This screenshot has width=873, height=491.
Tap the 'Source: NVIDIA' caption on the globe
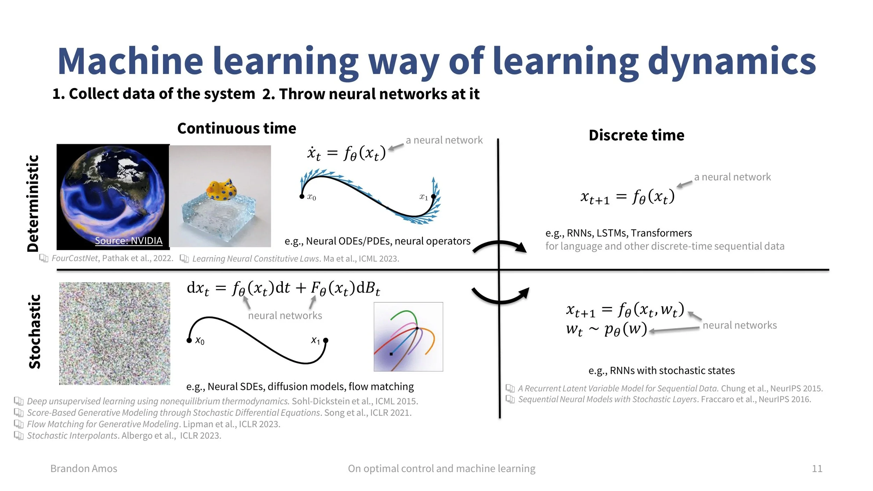[x=129, y=241]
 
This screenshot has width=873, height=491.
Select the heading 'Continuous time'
[x=237, y=128]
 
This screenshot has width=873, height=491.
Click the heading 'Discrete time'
[x=636, y=135]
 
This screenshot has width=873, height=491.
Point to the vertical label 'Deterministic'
[x=33, y=203]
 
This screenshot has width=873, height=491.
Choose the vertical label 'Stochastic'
[x=35, y=332]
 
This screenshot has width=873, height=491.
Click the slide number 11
[x=817, y=468]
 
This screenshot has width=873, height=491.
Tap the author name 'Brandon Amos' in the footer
[x=84, y=468]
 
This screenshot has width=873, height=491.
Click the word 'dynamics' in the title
[x=732, y=62]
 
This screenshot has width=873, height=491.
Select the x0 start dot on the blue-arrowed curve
[x=302, y=197]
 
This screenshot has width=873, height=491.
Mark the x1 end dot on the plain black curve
[x=326, y=340]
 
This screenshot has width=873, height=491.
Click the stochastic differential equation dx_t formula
[x=284, y=289]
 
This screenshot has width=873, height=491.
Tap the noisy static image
[x=115, y=334]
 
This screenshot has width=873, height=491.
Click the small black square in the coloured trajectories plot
[x=391, y=354]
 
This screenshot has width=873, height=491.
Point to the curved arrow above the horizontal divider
[x=499, y=241]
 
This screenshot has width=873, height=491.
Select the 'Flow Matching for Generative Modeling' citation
[x=154, y=424]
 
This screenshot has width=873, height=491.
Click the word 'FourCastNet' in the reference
[x=75, y=258]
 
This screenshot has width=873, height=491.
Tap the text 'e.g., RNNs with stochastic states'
[x=661, y=370]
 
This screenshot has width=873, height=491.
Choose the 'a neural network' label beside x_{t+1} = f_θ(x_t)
[x=732, y=177]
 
